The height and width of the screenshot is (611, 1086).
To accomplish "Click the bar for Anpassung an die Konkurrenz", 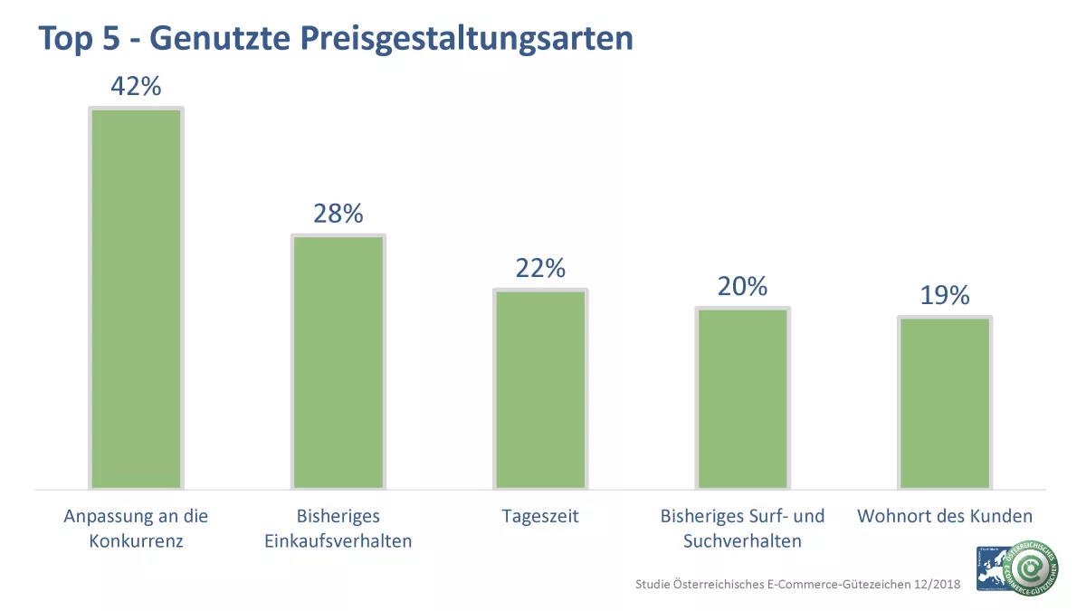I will (x=136, y=299).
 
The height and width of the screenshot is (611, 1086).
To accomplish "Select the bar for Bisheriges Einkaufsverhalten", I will (x=338, y=362).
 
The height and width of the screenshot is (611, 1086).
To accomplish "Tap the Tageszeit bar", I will (x=540, y=389).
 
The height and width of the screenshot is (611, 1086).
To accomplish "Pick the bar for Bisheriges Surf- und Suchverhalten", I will (x=742, y=398).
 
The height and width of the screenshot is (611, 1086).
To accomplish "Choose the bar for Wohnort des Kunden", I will (x=945, y=403).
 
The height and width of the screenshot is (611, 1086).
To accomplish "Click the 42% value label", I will (x=136, y=86).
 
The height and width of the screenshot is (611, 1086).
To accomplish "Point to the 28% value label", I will (x=338, y=214).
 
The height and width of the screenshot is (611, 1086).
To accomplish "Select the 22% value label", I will (x=540, y=268).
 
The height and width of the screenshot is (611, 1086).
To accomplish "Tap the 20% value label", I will (x=742, y=286).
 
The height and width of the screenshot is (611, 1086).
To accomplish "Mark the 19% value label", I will (x=945, y=295).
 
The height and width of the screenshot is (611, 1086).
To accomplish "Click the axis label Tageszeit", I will (x=540, y=517).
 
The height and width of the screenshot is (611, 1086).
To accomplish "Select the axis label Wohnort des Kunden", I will (x=945, y=517).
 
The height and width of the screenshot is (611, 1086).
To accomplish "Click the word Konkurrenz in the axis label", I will (x=136, y=542).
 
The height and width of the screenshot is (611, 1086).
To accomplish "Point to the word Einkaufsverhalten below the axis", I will (x=338, y=542).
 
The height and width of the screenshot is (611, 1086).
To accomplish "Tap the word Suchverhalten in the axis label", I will (x=742, y=542).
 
